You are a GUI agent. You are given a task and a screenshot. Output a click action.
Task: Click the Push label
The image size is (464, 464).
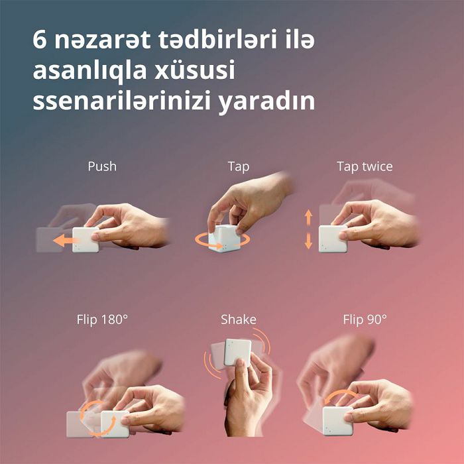tap(102, 166)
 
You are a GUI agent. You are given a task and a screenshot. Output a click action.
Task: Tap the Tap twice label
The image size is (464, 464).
tap(365, 166)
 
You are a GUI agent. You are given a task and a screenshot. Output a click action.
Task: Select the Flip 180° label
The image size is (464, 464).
tap(102, 319)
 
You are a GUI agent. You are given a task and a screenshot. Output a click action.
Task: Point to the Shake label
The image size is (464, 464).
tap(239, 319)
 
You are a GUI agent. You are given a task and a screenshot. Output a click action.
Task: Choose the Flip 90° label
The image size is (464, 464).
tap(365, 319)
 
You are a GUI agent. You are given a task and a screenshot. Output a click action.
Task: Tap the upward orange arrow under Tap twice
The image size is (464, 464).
tap(309, 217)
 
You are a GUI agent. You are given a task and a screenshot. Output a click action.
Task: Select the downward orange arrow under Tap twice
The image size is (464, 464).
tap(309, 241)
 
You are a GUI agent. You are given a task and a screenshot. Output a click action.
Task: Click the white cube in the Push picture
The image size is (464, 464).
tap(86, 240)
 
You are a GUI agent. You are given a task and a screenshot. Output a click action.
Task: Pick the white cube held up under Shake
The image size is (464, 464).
tap(237, 352)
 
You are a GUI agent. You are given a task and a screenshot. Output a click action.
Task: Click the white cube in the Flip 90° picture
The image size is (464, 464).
tap(337, 421)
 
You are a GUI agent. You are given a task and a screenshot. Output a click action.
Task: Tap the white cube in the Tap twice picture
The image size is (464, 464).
tap(333, 239)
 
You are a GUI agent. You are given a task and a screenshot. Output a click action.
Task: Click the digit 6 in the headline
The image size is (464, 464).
tap(39, 40)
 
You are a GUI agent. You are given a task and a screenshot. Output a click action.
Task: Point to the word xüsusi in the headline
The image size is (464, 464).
tap(195, 70)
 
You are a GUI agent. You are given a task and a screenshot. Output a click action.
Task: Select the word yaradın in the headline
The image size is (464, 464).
tap(266, 102)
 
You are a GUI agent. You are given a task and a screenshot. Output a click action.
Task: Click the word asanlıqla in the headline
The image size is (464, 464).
tap(89, 71)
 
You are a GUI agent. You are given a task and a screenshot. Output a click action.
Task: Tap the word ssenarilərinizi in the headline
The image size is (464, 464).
tap(121, 101)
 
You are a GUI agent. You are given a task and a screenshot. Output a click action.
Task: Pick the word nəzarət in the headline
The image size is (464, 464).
tap(102, 40)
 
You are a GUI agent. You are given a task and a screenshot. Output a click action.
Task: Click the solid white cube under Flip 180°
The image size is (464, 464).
tap(115, 424)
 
